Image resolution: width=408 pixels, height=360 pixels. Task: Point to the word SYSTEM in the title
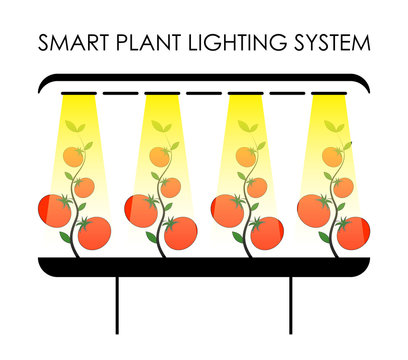(x=332, y=44)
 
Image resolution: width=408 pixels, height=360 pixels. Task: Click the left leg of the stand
(x=117, y=304)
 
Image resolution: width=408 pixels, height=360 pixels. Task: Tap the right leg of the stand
(x=291, y=304)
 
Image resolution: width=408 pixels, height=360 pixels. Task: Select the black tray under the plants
(x=204, y=266)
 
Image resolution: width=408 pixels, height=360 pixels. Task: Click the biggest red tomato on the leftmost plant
(x=55, y=210)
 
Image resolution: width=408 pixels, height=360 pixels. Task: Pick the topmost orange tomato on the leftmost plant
(x=73, y=156)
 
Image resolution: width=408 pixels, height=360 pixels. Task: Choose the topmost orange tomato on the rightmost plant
(x=332, y=156)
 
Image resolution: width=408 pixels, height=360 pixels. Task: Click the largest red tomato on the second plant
(x=142, y=210)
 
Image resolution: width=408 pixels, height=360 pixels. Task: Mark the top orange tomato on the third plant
(x=244, y=157)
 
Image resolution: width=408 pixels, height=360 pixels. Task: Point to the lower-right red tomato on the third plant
(x=267, y=233)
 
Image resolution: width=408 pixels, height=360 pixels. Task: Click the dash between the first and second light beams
(x=118, y=94)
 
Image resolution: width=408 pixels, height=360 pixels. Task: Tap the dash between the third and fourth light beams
(x=289, y=94)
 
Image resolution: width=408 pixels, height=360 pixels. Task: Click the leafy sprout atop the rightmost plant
(x=333, y=129)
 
